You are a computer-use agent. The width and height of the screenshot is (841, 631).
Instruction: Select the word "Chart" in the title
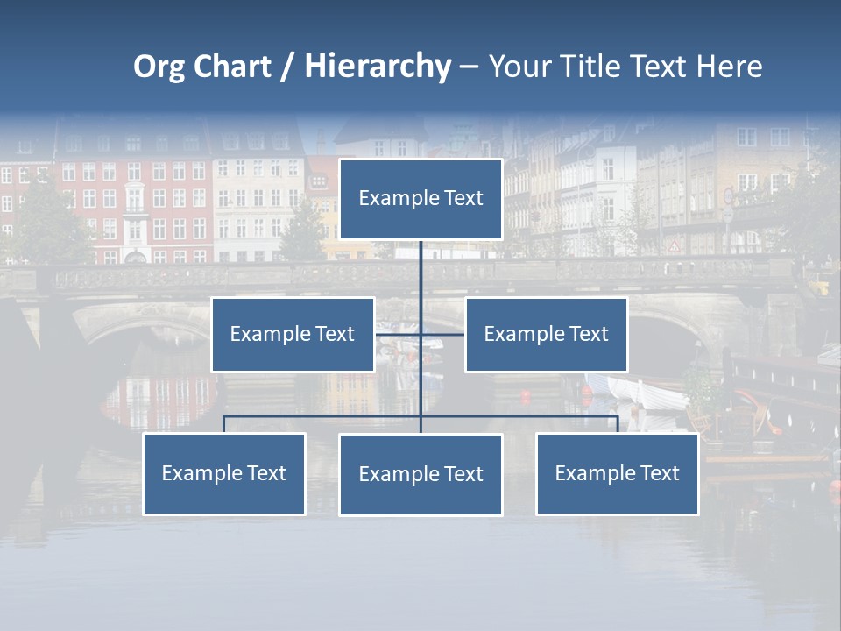click(x=232, y=67)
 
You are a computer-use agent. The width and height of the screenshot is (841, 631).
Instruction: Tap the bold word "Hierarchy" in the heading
click(x=378, y=67)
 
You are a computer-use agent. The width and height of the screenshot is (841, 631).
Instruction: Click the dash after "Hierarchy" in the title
click(x=469, y=67)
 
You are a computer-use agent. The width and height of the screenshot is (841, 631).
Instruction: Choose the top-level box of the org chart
click(x=420, y=199)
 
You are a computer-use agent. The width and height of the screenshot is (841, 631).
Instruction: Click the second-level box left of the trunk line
click(x=293, y=334)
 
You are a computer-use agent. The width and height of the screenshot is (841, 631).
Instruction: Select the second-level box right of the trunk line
click(x=546, y=334)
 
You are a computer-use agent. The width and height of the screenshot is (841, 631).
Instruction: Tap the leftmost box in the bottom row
click(x=223, y=473)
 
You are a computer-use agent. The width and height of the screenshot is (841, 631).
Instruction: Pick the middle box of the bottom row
click(x=420, y=474)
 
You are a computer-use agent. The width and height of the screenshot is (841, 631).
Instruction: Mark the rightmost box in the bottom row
click(x=617, y=473)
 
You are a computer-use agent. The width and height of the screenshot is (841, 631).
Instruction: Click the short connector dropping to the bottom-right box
click(x=618, y=424)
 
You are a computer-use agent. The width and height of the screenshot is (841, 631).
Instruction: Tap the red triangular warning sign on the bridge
click(x=674, y=246)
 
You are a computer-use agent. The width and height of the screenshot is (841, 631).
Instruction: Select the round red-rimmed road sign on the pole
click(x=727, y=195)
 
